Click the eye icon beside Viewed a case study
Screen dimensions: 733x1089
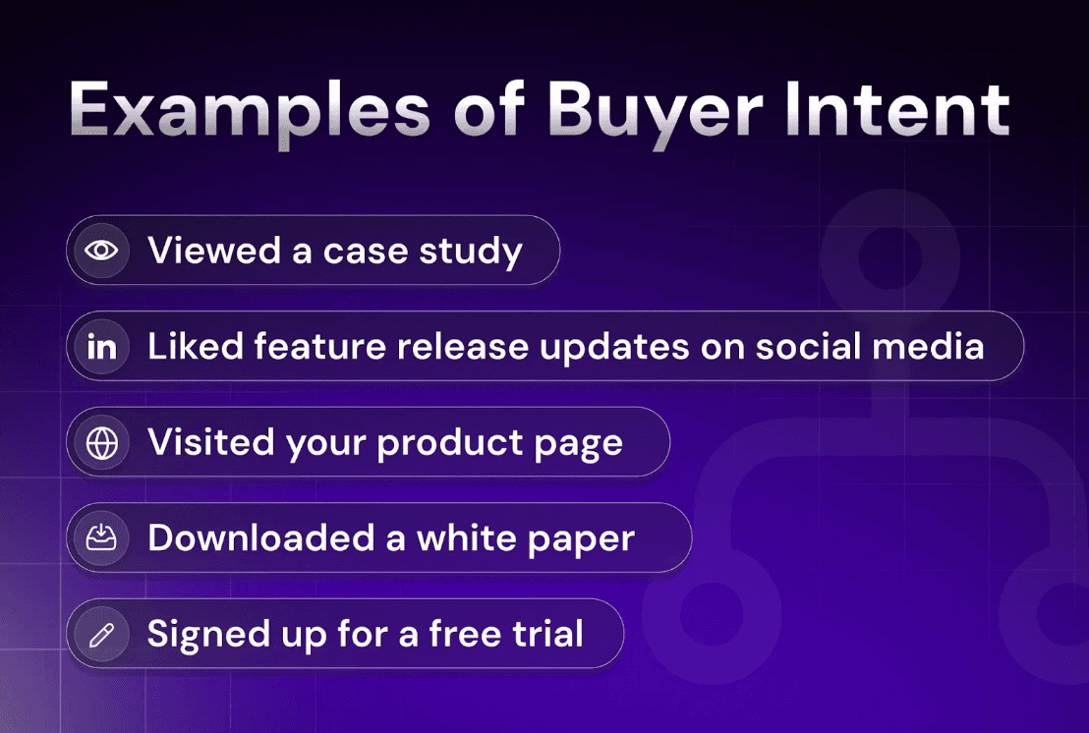coord(101,251)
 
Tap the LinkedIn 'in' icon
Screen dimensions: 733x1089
coord(101,347)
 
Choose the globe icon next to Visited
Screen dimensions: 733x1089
coord(101,442)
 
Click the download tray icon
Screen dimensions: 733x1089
coord(101,537)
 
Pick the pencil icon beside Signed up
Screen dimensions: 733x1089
coord(101,634)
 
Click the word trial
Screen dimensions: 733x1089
coord(547,634)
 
